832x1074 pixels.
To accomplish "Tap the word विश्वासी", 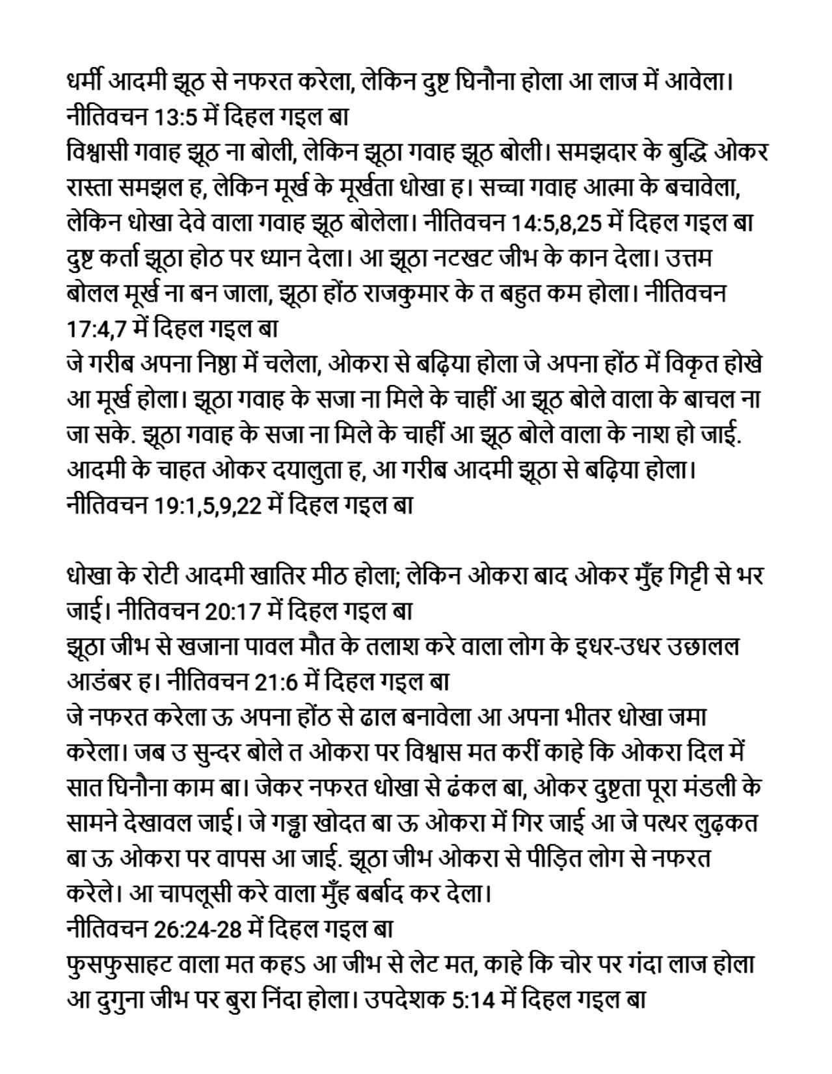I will [101, 153].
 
